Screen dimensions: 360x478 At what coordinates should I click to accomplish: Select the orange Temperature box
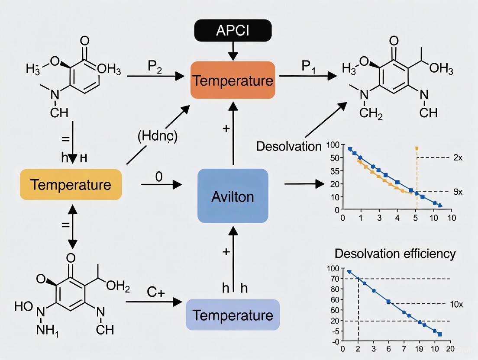pos(233,80)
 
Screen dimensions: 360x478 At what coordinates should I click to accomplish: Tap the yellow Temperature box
pos(71,185)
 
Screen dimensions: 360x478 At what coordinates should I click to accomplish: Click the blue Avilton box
pos(233,196)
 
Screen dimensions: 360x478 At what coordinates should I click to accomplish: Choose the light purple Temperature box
pos(233,315)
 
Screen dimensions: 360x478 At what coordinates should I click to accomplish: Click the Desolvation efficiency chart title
pos(395,253)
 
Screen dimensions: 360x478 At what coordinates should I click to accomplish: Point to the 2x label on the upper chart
pos(458,158)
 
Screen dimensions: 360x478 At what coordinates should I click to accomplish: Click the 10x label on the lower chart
pos(457,304)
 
